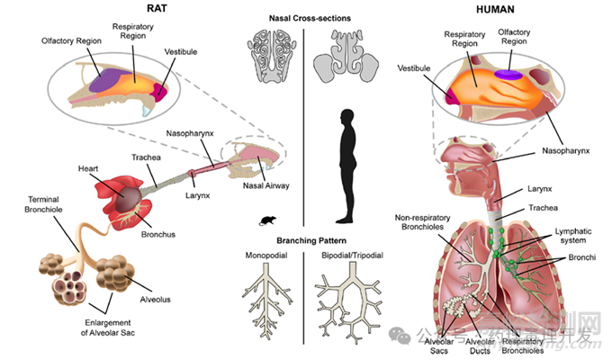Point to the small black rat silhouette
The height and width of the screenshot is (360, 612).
click(267, 220)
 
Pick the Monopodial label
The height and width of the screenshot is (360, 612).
click(267, 256)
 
